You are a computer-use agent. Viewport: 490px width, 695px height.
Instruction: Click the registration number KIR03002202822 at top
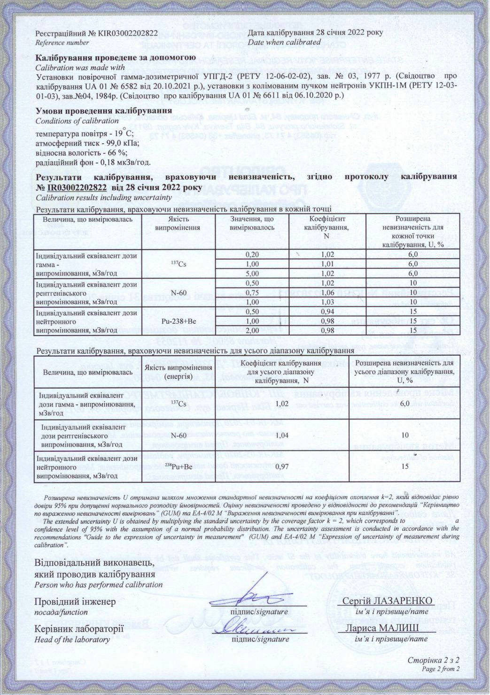tap(128, 33)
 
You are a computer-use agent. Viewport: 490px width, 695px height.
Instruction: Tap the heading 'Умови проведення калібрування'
tap(103, 111)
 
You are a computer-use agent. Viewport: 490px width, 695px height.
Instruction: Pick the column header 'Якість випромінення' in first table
tap(179, 223)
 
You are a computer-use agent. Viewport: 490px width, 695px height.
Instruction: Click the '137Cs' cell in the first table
tap(179, 264)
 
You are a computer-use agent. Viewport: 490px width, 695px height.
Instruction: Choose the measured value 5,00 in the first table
tap(252, 273)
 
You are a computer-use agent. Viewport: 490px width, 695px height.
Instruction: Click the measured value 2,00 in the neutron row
tap(252, 330)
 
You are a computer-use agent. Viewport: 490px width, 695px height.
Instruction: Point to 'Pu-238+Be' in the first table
tap(179, 321)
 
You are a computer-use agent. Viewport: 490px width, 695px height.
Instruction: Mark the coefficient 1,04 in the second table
tap(281, 435)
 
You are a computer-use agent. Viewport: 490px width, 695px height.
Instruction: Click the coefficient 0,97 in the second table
tap(281, 466)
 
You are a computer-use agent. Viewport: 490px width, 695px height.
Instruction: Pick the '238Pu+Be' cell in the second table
tap(179, 466)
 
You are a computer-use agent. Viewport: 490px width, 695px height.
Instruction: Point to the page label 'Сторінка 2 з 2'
tap(433, 660)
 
